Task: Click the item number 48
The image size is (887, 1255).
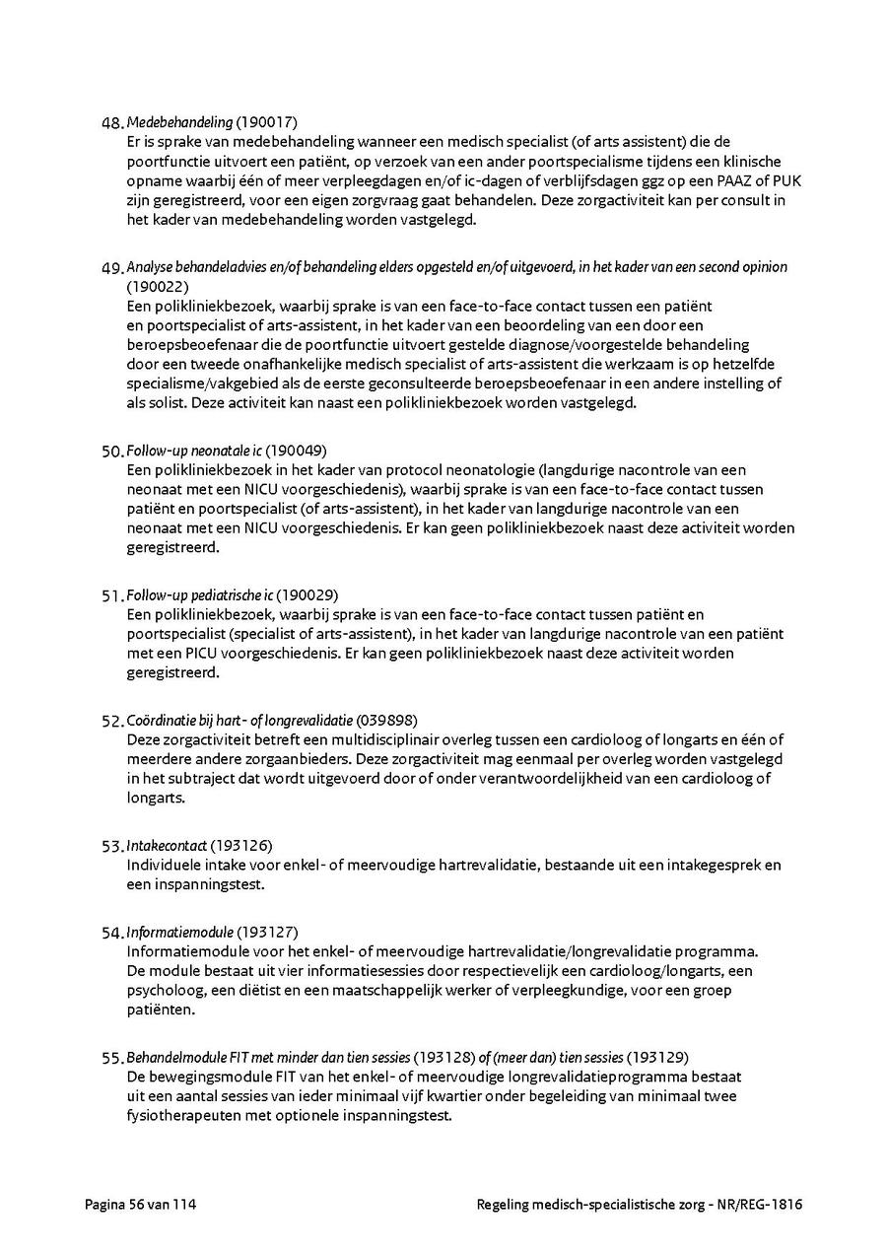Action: click(x=112, y=123)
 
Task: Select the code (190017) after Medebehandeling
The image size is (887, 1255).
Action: click(x=266, y=122)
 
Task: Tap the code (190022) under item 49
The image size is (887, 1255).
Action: click(x=158, y=287)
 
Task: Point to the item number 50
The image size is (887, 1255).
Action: click(x=112, y=452)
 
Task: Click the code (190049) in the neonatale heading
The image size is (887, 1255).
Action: click(x=297, y=451)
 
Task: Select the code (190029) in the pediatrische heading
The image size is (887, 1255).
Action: click(x=307, y=595)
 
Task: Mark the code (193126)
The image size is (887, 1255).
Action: click(x=241, y=846)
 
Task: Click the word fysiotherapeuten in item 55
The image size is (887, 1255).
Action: click(x=181, y=1115)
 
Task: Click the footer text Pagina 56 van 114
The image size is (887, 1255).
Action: click(x=133, y=1204)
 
